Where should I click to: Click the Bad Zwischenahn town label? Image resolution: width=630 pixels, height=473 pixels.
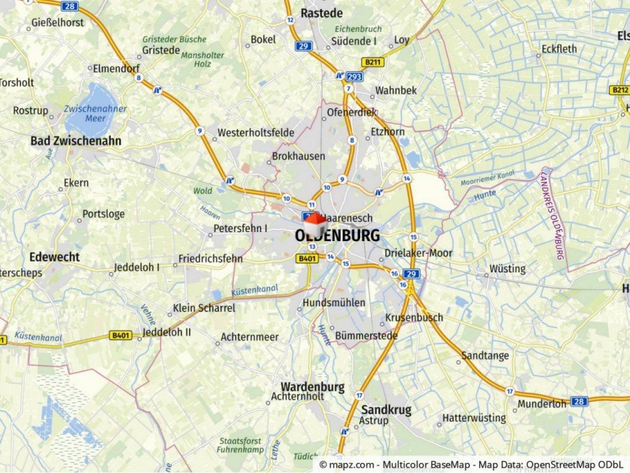tap(75, 141)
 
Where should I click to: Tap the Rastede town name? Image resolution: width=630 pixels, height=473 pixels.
tap(321, 13)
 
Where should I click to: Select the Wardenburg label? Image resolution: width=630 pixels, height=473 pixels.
tap(312, 387)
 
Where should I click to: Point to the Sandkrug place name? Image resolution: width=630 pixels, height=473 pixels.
tap(386, 409)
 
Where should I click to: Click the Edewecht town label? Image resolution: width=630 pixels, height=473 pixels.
tap(54, 257)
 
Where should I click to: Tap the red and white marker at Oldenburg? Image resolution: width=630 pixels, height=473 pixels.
tap(314, 224)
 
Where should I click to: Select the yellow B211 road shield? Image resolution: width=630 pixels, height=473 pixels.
tap(373, 62)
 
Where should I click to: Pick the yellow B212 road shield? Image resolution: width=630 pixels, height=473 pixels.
tap(619, 90)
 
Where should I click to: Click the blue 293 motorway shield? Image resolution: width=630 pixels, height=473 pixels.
tap(355, 77)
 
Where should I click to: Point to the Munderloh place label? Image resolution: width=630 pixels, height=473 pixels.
tap(542, 404)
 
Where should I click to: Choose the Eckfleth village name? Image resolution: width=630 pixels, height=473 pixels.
tap(559, 49)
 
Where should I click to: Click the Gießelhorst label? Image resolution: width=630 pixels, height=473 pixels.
tap(58, 23)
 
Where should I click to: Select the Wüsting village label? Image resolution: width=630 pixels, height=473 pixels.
tap(507, 268)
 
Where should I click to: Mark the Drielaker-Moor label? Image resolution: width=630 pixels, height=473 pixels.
tap(418, 253)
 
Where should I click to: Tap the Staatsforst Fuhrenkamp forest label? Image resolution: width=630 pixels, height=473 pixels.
tap(240, 446)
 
